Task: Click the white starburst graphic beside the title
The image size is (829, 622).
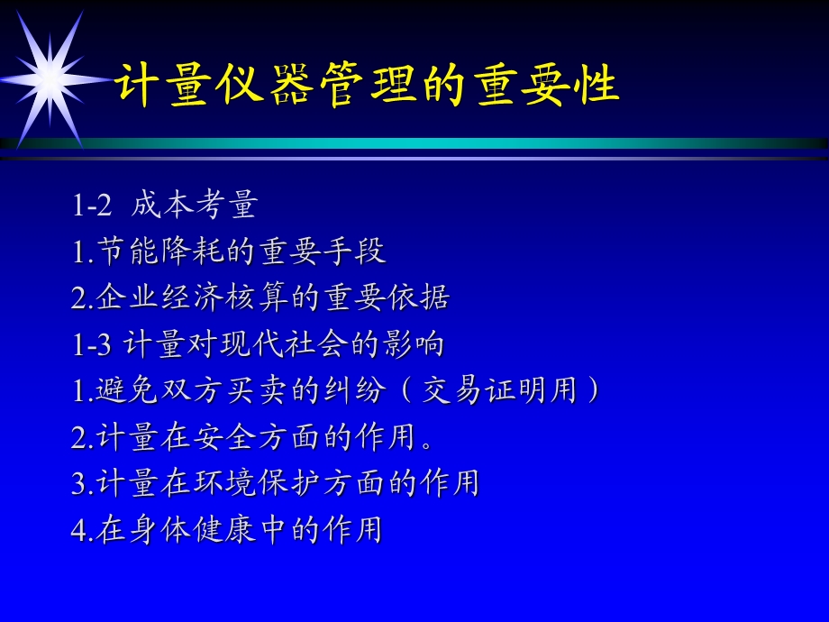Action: (x=50, y=79)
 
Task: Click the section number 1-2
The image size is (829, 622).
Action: (x=91, y=206)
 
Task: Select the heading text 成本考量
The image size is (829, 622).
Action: (x=194, y=206)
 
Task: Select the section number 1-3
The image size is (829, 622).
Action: (x=91, y=344)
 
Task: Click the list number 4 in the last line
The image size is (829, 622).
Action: (x=78, y=530)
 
